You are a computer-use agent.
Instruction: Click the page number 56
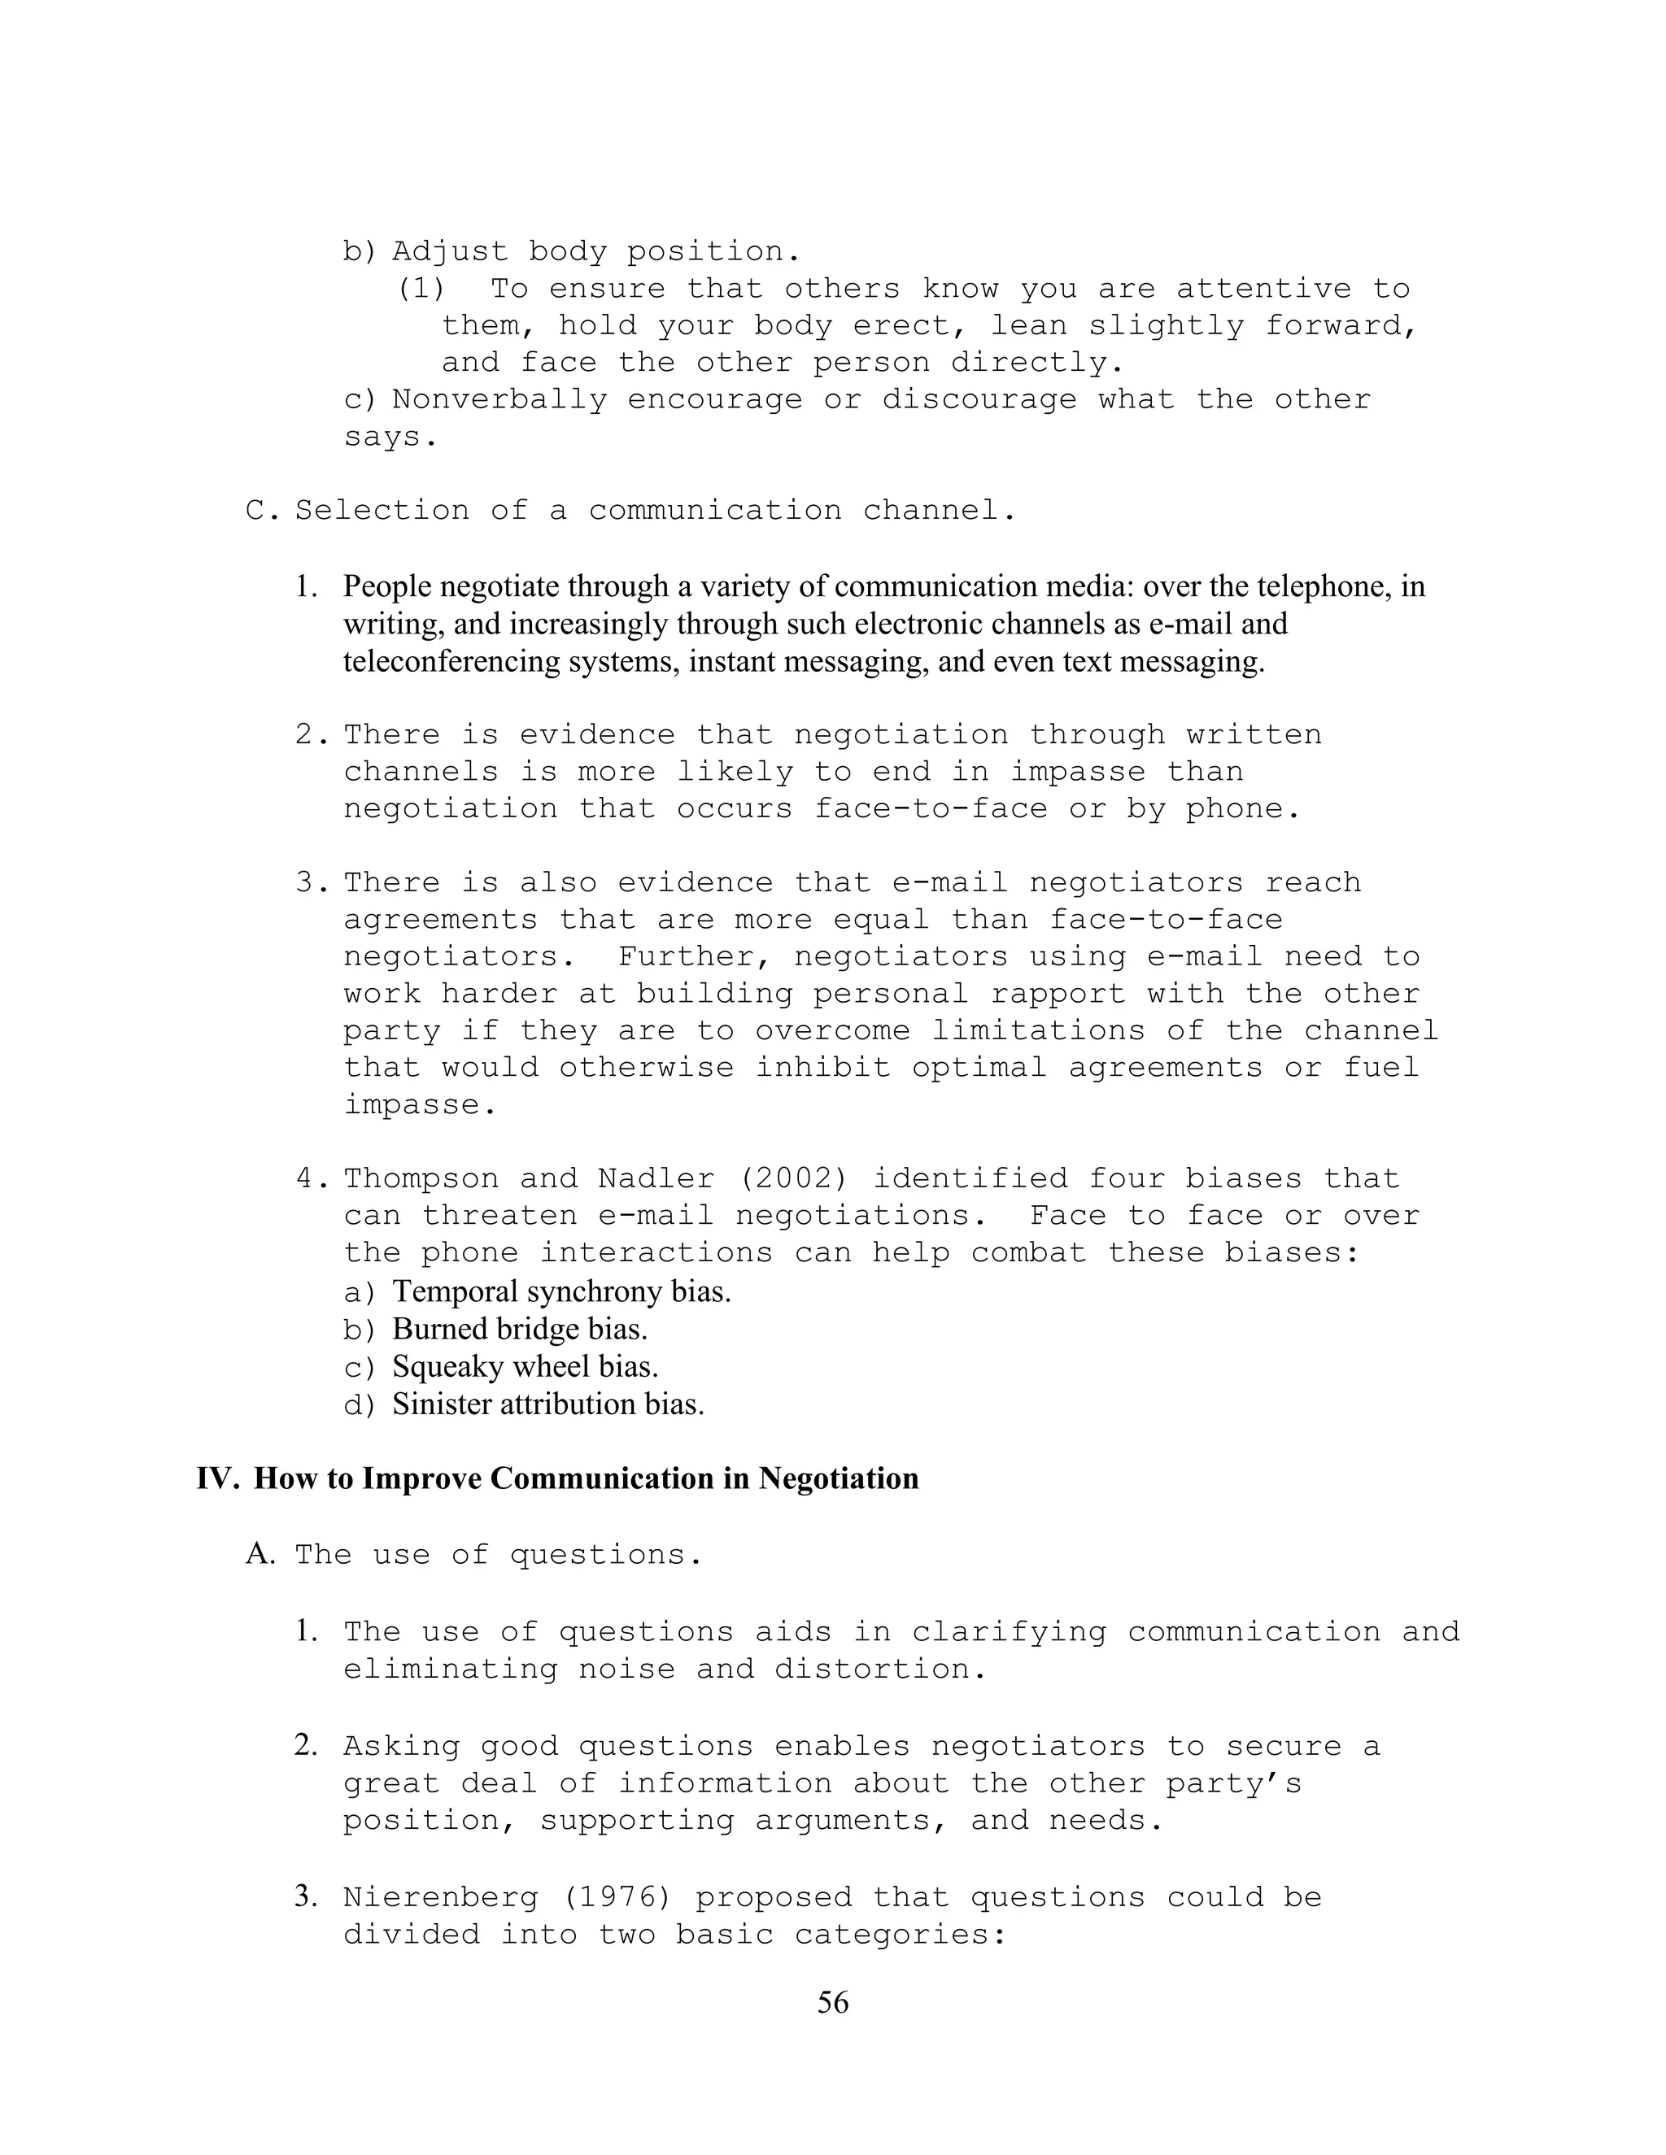(832, 2002)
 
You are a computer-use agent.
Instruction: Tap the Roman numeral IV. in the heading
(216, 1479)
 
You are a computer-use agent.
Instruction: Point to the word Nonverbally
(499, 399)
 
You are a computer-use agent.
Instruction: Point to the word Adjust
(450, 251)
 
